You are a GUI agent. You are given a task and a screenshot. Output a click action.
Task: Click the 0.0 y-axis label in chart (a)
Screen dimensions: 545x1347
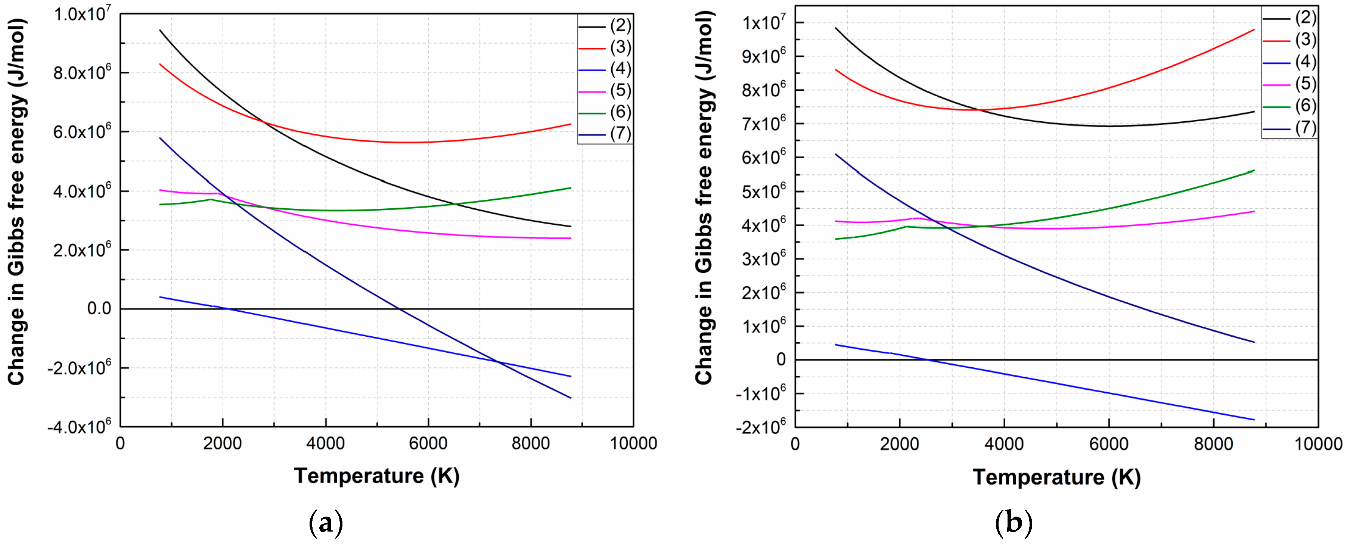[99, 308]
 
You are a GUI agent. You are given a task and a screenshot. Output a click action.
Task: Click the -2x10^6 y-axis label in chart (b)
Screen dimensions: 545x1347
[761, 426]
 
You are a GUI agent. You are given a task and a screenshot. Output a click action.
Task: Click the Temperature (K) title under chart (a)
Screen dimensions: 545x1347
[376, 476]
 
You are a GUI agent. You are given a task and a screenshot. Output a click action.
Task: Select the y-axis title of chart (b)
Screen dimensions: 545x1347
[704, 199]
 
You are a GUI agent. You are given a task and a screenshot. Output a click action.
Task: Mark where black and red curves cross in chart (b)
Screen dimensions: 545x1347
[978, 110]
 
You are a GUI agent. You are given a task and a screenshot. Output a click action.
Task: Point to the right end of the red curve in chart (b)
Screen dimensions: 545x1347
[1254, 30]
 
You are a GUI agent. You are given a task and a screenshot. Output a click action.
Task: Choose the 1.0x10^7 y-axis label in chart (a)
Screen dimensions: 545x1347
[82, 14]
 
